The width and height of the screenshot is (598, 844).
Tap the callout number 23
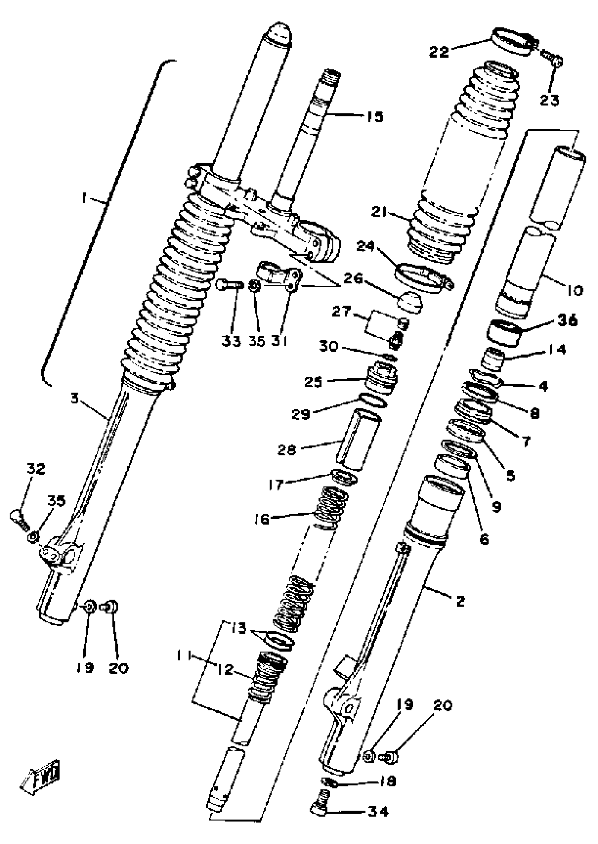click(x=549, y=100)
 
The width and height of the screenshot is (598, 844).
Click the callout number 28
click(x=287, y=449)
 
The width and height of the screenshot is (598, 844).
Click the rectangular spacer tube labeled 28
click(x=360, y=440)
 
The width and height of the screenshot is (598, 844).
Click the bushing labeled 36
click(x=504, y=333)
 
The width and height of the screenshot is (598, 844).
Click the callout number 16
click(x=262, y=519)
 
